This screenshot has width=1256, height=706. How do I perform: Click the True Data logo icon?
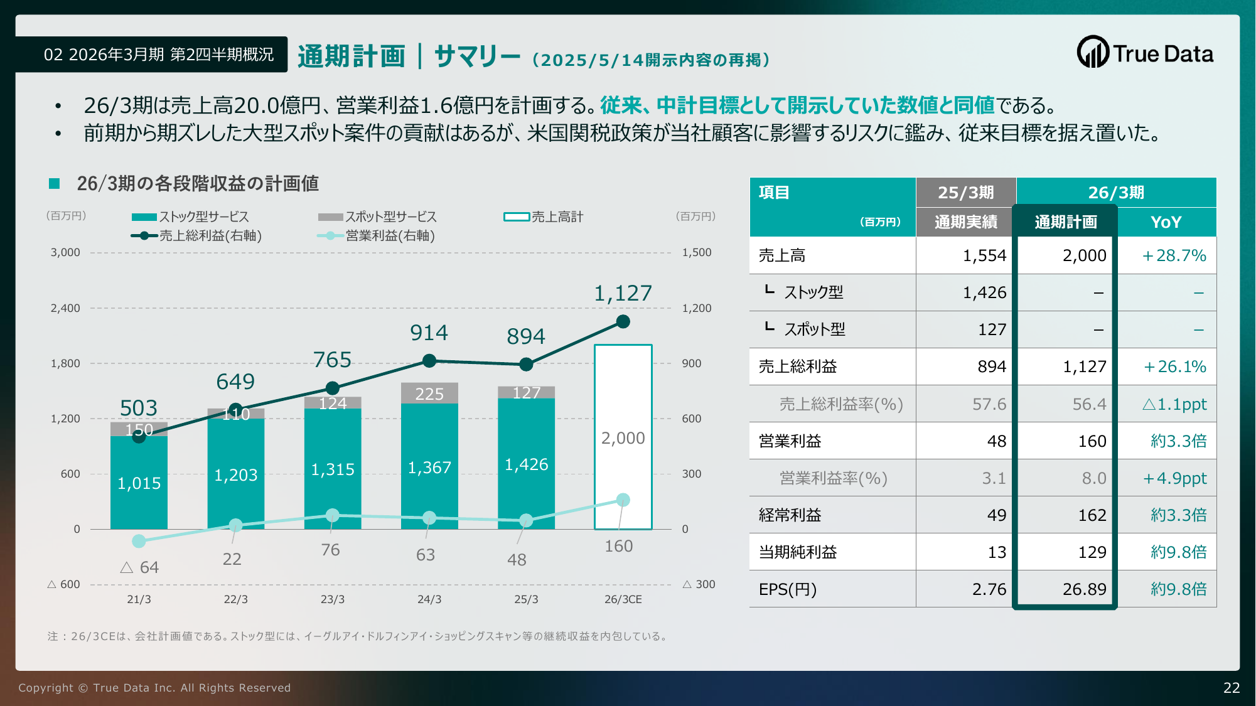pyautogui.click(x=1093, y=52)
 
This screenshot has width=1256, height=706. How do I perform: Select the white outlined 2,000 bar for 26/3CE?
pyautogui.click(x=623, y=437)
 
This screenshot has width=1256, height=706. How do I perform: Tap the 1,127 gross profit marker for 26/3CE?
pyautogui.click(x=623, y=322)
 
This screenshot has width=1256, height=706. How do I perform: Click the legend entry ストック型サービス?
pyautogui.click(x=191, y=217)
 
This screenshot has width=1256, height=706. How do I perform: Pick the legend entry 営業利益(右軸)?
pyautogui.click(x=377, y=236)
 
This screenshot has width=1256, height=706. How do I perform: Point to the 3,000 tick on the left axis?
pyautogui.click(x=65, y=253)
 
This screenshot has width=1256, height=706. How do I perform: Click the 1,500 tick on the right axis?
pyautogui.click(x=697, y=253)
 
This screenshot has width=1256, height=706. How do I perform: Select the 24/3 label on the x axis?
pyautogui.click(x=429, y=599)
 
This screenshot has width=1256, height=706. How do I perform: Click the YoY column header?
pyautogui.click(x=1166, y=222)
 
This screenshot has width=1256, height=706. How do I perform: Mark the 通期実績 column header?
pyautogui.click(x=965, y=222)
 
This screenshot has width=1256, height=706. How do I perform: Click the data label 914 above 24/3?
pyautogui.click(x=429, y=333)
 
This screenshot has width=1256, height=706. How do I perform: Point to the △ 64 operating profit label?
pyautogui.click(x=139, y=567)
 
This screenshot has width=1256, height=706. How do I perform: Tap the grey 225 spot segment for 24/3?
pyautogui.click(x=429, y=393)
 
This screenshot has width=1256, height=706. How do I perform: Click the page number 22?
pyautogui.click(x=1231, y=688)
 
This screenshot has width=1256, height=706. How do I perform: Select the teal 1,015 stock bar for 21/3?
pyautogui.click(x=139, y=483)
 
